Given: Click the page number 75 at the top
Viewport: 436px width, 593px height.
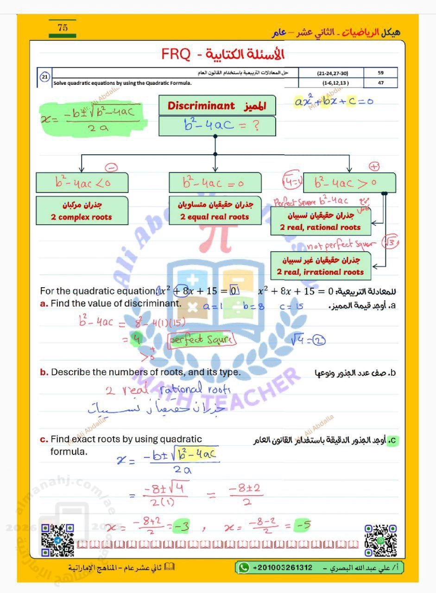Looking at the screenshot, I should pos(63,28).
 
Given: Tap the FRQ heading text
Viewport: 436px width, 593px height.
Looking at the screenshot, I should pos(223,54).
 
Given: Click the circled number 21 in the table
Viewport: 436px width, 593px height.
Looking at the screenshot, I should pos(45,77).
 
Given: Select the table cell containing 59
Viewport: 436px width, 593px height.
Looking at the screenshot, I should pos(380,73).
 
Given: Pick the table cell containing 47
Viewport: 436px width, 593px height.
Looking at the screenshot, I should pos(380,83).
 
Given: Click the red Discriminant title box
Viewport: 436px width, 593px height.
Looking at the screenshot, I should pos(217,106).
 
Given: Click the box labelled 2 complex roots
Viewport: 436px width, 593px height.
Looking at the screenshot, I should pos(82,211).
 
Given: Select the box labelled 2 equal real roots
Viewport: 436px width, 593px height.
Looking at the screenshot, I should pos(215,211).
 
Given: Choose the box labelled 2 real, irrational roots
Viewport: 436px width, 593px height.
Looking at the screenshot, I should pos(320,266).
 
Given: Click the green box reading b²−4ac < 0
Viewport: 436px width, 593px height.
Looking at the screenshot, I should pos(82,183).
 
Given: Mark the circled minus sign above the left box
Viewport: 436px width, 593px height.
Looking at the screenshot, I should pos(111,167).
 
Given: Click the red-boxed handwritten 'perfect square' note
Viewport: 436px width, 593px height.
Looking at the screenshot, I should pos(202,340).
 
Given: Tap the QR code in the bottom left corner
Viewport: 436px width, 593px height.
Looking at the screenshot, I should pos(58,540).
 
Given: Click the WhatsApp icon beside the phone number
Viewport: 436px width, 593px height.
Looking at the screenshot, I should pos(243,567).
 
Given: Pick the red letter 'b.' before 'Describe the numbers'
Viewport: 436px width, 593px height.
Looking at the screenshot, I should pos(44,372).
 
